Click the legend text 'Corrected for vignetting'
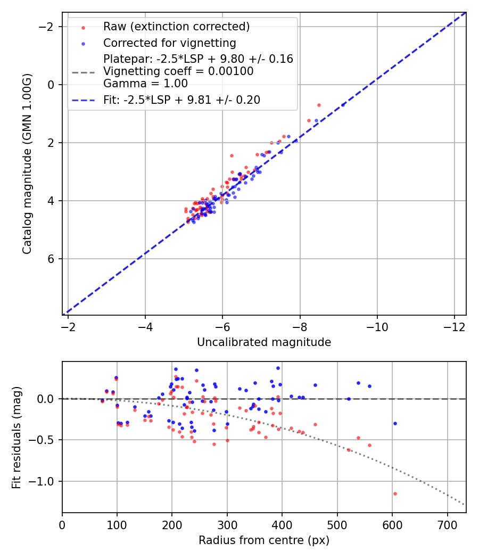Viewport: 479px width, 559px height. [169, 43]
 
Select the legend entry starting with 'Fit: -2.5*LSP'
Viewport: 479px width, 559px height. [181, 100]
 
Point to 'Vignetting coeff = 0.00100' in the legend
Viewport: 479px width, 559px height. [178, 71]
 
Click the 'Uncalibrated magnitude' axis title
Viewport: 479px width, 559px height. [264, 342]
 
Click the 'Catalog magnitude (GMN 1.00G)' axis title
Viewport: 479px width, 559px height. [27, 164]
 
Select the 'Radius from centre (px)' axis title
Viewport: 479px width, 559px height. [264, 540]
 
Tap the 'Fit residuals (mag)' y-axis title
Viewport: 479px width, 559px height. [16, 437]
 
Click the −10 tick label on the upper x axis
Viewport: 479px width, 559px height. [377, 324]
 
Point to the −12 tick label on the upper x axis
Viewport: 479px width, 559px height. [454, 324]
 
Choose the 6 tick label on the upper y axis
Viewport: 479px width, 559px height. [52, 259]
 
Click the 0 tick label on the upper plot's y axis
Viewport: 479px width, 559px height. [52, 85]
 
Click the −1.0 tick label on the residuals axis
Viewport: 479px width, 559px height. [44, 481]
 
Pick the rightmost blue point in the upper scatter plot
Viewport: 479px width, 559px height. [343, 105]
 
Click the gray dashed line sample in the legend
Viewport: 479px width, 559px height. [83, 71]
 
